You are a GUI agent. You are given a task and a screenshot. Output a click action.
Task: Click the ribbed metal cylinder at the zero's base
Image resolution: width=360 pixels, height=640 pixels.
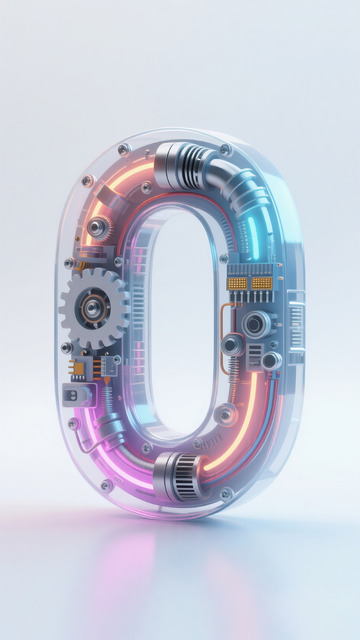[180, 469]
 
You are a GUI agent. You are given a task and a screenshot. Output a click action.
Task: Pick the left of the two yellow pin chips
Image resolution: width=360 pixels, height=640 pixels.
[238, 283]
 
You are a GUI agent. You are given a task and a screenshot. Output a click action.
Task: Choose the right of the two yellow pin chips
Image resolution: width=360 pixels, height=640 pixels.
[263, 283]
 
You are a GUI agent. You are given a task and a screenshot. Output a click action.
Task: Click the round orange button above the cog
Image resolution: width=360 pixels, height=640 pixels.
[96, 228]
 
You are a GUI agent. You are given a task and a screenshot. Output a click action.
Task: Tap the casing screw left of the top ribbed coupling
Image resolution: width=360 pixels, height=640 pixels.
[124, 150]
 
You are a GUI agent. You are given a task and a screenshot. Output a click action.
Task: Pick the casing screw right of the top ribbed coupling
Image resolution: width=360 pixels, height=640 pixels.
[225, 150]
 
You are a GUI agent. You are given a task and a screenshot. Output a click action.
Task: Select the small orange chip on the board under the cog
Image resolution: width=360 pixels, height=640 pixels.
[79, 369]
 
